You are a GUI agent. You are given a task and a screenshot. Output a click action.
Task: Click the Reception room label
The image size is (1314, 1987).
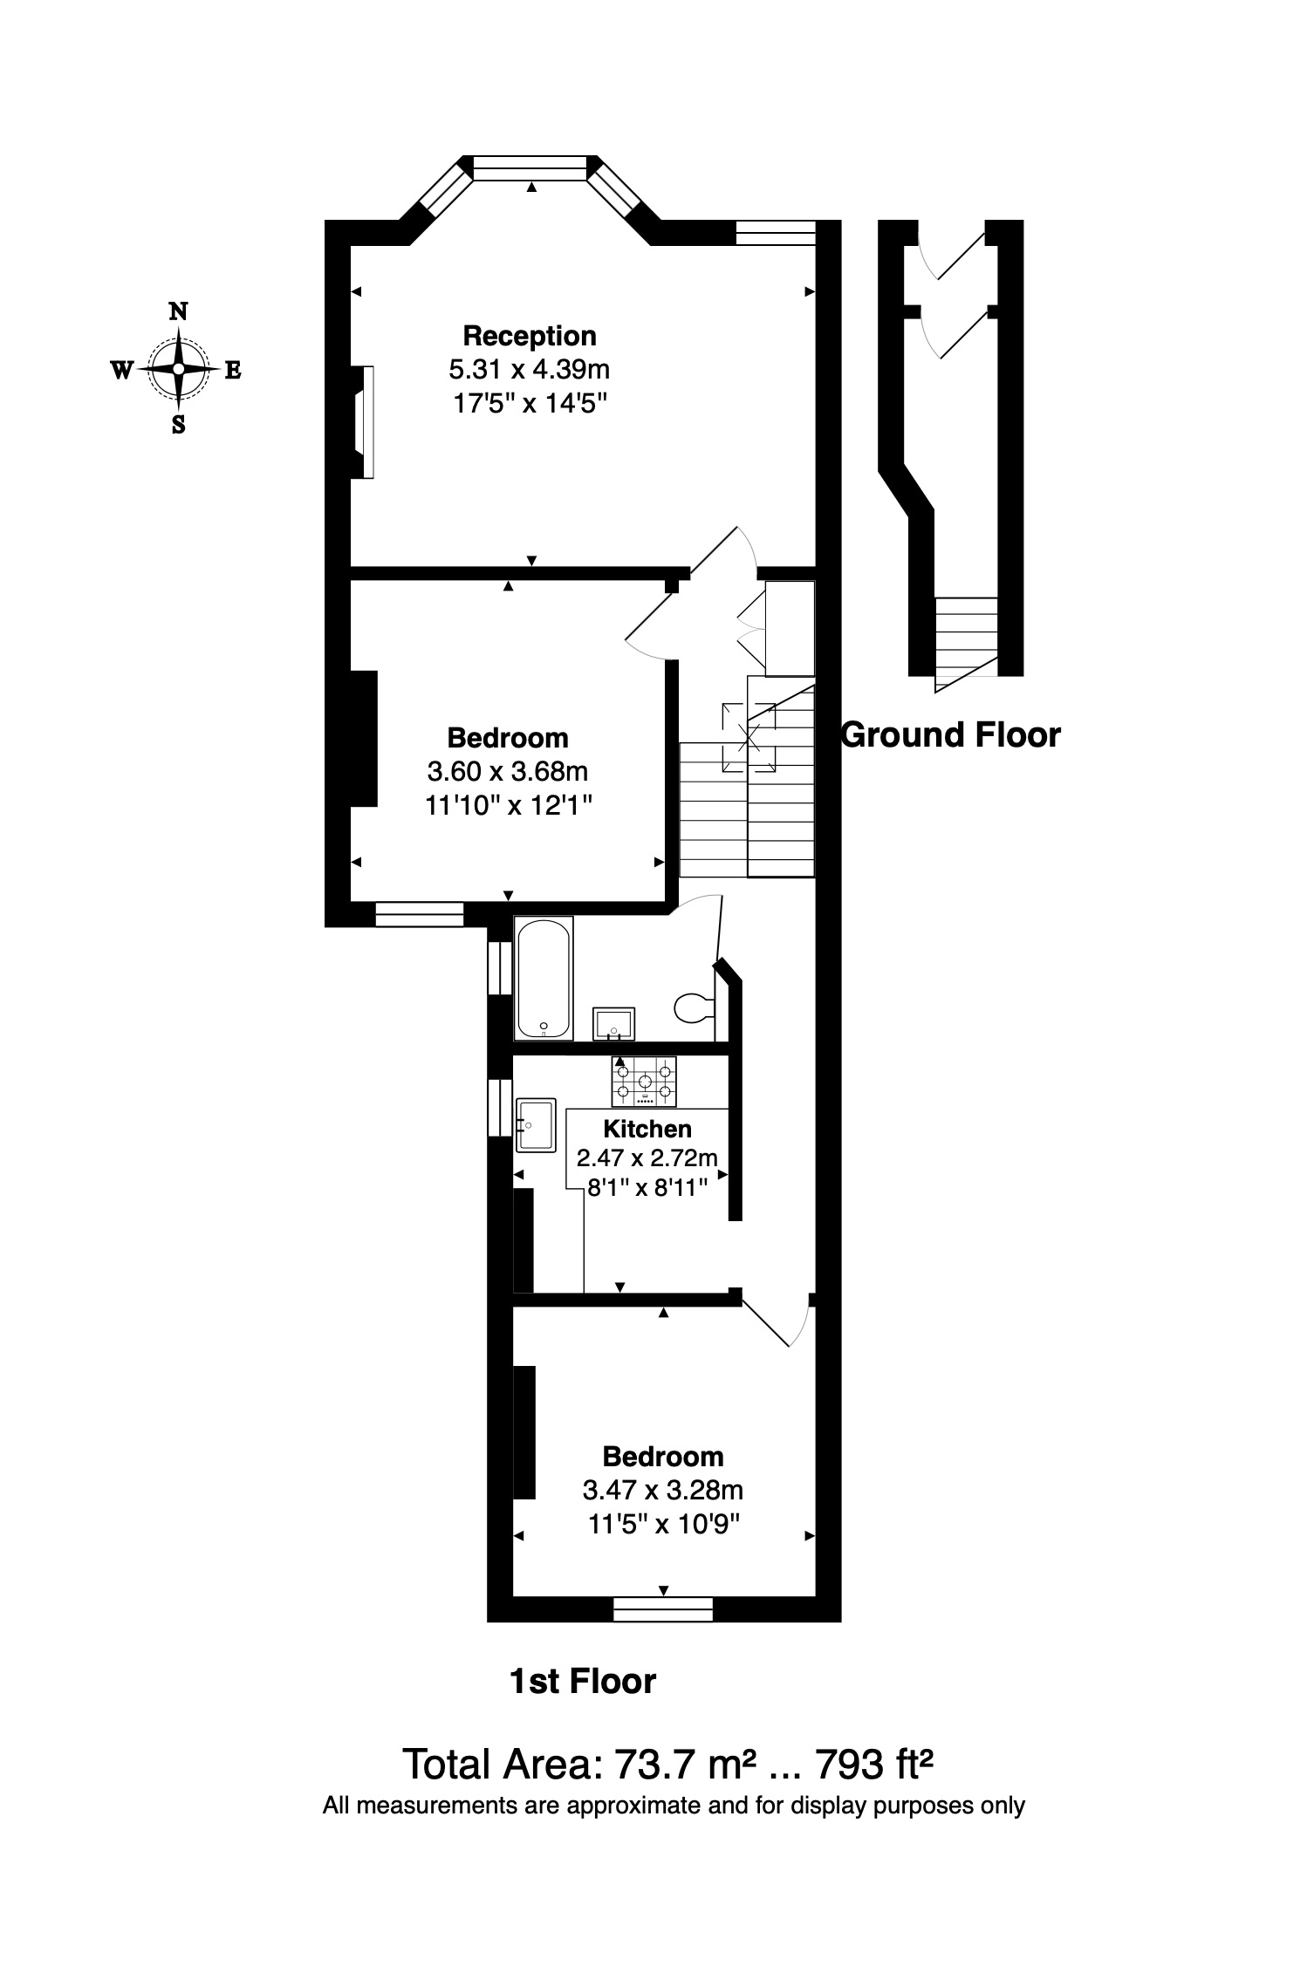click(529, 336)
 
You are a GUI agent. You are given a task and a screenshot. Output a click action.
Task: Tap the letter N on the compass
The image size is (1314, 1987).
click(178, 311)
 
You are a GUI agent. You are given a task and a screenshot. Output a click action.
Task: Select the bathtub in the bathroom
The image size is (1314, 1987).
click(543, 978)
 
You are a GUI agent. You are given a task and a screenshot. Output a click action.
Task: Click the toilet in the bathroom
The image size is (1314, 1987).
click(694, 1008)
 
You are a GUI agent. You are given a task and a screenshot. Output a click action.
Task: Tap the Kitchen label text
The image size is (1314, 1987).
click(647, 1129)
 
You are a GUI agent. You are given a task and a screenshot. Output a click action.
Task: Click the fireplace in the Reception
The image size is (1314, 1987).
click(364, 422)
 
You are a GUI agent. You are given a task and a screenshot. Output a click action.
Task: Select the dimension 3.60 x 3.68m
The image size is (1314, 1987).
click(507, 772)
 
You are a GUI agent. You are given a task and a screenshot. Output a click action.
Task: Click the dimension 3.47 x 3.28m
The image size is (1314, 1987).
click(662, 1489)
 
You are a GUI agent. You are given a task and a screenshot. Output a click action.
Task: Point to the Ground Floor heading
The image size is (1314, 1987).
click(950, 735)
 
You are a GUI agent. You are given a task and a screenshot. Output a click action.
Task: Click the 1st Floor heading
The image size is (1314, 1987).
click(582, 1681)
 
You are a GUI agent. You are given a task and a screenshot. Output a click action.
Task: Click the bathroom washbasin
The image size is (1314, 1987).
click(614, 1023)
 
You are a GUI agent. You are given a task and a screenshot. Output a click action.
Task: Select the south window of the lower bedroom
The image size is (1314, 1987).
click(663, 1609)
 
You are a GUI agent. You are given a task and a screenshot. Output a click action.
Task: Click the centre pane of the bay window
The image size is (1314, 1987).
click(530, 168)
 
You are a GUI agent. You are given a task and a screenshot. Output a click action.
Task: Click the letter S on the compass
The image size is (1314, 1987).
click(178, 426)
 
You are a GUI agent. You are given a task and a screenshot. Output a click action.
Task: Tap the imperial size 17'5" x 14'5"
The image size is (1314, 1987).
click(529, 403)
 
